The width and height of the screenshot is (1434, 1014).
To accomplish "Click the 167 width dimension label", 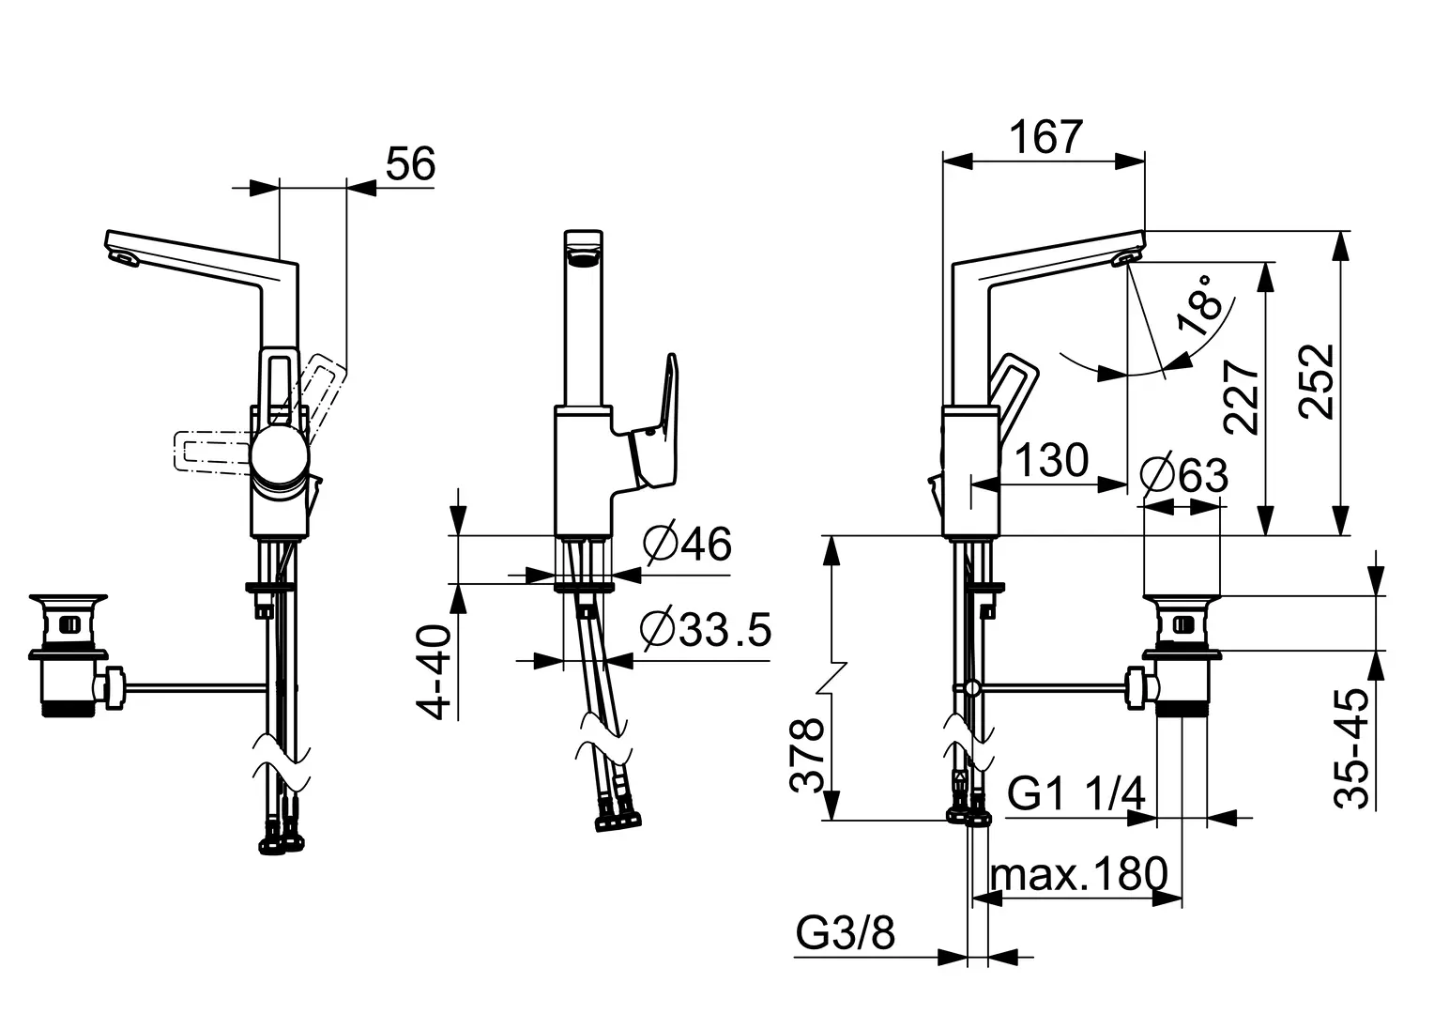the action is tap(1046, 137).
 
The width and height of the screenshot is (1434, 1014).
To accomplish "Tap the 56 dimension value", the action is tap(410, 163).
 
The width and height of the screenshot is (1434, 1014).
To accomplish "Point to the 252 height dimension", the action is tap(1316, 382).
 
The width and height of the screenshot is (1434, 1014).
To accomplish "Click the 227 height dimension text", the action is tap(1241, 397).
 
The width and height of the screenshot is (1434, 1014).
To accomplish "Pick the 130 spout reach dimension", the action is tap(1052, 460).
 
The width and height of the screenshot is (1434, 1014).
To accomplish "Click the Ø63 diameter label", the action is tap(1184, 475).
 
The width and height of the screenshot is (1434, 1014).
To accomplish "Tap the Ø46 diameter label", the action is tap(688, 544).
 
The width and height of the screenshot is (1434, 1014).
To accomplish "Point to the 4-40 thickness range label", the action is tap(434, 672).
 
